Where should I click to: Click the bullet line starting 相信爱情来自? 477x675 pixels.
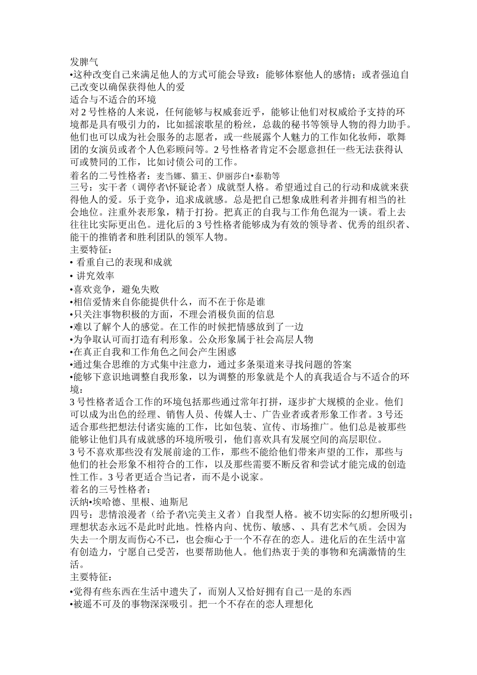[x=169, y=302]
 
